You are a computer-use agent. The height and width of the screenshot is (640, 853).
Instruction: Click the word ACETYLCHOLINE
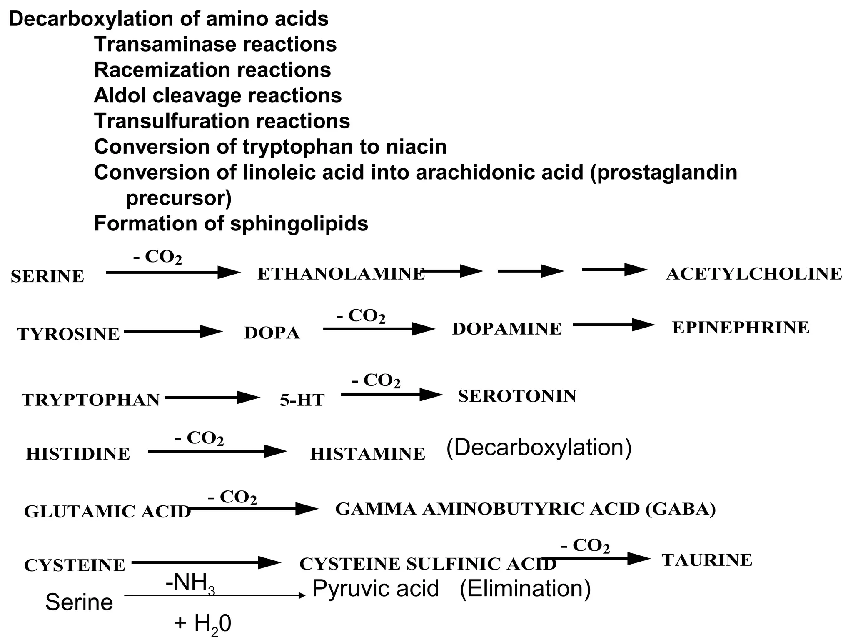click(x=754, y=274)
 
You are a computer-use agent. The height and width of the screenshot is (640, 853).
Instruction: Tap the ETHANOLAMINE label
click(x=341, y=274)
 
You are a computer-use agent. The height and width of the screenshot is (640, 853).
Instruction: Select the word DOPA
click(x=272, y=332)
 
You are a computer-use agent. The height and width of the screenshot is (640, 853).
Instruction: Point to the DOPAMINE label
click(x=506, y=329)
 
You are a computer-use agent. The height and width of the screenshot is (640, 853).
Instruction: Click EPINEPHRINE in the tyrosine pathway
click(x=741, y=327)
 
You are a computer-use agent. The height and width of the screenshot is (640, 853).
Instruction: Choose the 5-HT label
click(x=302, y=400)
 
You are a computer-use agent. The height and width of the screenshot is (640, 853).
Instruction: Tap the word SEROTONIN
click(x=517, y=396)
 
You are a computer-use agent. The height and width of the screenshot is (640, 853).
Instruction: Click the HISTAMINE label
click(x=367, y=454)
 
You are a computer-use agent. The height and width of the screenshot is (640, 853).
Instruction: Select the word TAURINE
click(x=707, y=560)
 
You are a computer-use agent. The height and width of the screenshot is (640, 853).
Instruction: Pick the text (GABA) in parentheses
click(x=681, y=509)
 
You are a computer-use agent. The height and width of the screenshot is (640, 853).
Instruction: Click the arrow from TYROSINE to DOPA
click(x=173, y=332)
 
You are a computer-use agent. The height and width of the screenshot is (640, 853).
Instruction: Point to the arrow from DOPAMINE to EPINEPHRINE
click(x=613, y=325)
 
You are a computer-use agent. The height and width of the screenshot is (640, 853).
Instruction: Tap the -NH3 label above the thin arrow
click(x=190, y=582)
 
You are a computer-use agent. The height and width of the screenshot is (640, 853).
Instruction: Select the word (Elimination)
click(x=525, y=589)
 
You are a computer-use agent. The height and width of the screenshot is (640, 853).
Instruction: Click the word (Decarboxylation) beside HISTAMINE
click(x=539, y=447)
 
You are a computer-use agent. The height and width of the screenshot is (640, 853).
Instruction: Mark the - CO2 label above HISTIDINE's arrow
click(x=199, y=438)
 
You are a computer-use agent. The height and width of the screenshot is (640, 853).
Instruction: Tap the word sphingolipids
click(x=299, y=223)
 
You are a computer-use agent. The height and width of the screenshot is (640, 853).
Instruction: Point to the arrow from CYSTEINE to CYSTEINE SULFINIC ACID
click(x=206, y=562)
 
